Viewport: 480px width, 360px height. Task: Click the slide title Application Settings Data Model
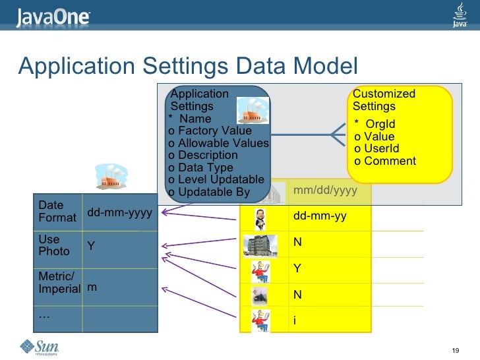coord(188,66)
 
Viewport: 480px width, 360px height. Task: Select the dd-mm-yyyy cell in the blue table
coord(120,212)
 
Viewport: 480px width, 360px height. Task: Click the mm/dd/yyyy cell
coord(325,191)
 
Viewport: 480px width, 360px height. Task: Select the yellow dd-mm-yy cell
coord(320,216)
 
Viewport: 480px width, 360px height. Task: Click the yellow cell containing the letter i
coord(295,320)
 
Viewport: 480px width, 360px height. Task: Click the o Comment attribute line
coord(385,161)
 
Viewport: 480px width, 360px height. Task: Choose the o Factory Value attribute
coord(210,131)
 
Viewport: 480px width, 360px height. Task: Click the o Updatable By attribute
coord(209,192)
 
